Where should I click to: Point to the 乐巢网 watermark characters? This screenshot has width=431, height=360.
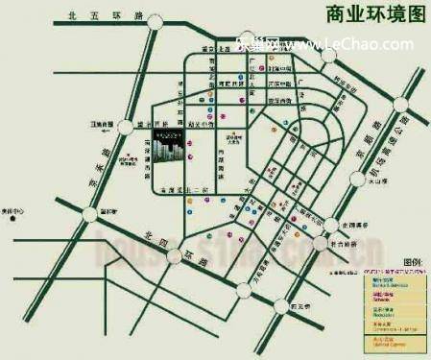(x=252, y=44)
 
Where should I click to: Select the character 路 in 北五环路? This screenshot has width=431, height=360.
(x=125, y=15)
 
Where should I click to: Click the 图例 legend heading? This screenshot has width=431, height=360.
(x=412, y=261)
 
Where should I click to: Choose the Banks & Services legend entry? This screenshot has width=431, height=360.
(x=388, y=278)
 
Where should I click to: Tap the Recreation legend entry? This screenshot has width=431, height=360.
(x=388, y=312)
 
